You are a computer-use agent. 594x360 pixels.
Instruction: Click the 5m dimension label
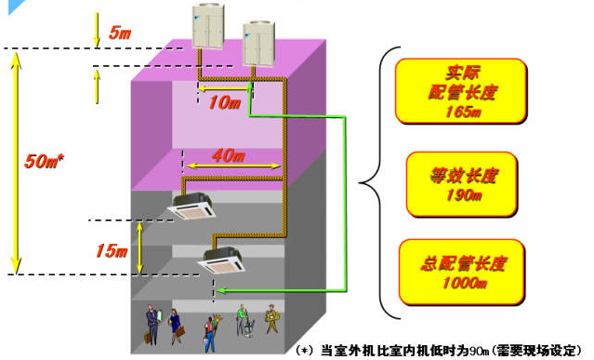[120, 33]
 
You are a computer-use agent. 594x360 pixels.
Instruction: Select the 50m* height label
[44, 161]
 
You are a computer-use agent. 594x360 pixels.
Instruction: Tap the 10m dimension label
[224, 102]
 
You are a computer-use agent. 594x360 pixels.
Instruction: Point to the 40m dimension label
[229, 155]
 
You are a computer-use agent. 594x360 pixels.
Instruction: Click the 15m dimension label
[112, 250]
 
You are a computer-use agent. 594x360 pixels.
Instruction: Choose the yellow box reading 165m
[461, 91]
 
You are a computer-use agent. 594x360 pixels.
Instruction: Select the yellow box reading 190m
[462, 184]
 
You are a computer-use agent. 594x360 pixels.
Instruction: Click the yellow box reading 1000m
[462, 272]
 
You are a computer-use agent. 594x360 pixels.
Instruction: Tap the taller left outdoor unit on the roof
[208, 26]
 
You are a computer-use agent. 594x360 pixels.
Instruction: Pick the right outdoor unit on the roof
[258, 44]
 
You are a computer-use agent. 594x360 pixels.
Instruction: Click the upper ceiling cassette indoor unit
[191, 206]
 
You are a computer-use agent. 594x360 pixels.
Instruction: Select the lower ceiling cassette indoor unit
[221, 260]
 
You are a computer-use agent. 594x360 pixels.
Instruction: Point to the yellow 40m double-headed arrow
[233, 166]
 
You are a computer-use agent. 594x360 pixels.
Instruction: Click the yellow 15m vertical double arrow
[139, 247]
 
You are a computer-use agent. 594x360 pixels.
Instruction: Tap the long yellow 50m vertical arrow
[16, 163]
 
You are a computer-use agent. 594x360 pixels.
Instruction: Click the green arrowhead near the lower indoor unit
[220, 291]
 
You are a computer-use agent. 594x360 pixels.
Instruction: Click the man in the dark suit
[152, 325]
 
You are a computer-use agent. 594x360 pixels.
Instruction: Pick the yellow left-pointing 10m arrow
[223, 89]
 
